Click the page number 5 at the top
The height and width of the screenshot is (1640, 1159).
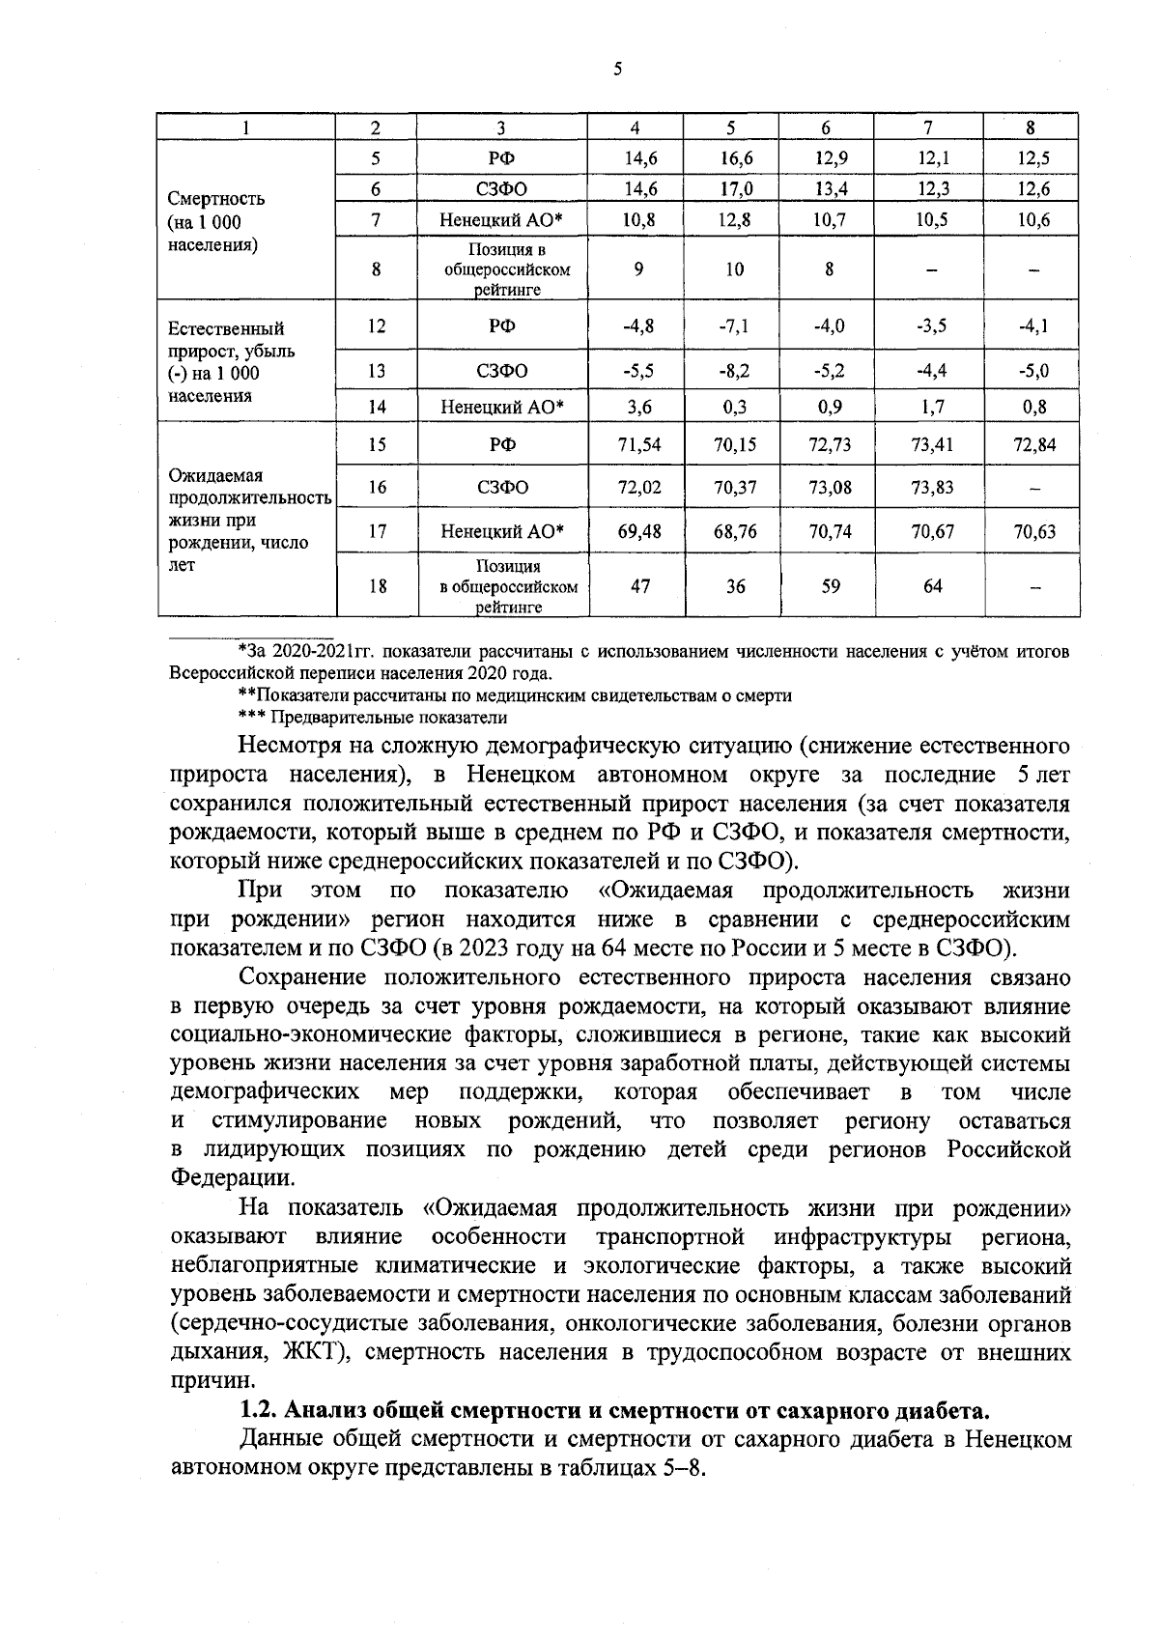[617, 69]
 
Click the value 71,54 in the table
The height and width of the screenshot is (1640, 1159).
[638, 444]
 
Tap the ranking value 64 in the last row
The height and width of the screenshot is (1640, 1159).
[932, 586]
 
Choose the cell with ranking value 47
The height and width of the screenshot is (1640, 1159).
[638, 586]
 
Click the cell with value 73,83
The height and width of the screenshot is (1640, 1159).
[932, 488]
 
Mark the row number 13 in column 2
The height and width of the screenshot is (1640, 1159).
[377, 371]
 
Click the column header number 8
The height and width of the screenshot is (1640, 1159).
[1031, 127]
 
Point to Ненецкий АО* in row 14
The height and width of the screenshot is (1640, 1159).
[502, 408]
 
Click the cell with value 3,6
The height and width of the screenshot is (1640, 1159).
[638, 408]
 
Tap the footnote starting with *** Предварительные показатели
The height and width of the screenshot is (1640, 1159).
[372, 718]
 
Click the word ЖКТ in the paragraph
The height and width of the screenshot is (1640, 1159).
[311, 1352]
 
